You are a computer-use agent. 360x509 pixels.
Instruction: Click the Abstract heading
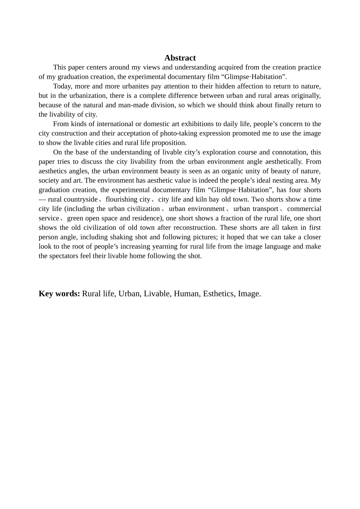(x=180, y=58)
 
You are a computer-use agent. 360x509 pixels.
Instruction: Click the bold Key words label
(x=59, y=294)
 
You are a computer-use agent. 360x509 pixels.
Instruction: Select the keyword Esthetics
(x=218, y=294)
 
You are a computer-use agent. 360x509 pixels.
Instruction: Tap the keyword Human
(x=186, y=294)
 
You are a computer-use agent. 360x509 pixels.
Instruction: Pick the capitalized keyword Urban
(x=129, y=294)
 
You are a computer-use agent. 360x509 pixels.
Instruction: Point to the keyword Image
(x=249, y=294)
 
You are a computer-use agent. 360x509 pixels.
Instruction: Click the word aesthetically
(x=280, y=162)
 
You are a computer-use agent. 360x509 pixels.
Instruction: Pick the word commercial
(x=304, y=209)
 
